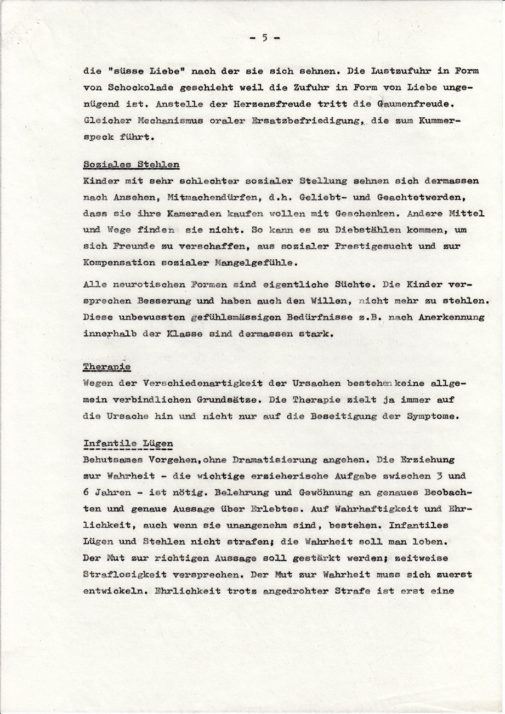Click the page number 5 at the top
coord(264,38)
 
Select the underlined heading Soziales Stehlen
coord(123,164)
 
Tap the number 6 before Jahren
coord(86,493)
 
